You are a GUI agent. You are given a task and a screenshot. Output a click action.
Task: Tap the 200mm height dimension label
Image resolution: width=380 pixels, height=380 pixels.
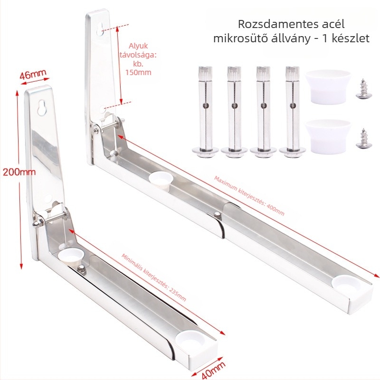click(x=19, y=172)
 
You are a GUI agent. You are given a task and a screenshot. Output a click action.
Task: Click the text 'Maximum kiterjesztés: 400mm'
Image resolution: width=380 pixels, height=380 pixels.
click(x=249, y=196)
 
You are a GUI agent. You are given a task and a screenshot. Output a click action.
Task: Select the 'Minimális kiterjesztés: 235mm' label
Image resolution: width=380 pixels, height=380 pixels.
click(x=153, y=277)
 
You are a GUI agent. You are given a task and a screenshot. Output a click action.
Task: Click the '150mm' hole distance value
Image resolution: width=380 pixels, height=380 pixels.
click(x=138, y=73)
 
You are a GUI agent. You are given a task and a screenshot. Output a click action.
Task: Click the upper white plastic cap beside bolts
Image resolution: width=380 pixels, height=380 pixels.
click(x=328, y=87)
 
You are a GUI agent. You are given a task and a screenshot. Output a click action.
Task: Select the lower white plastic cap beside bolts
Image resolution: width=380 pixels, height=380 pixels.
click(x=328, y=136)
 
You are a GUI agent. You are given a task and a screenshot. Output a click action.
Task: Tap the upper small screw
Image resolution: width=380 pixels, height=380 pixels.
click(x=362, y=89)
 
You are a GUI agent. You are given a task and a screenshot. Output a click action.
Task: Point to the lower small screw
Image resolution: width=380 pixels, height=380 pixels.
click(x=362, y=138)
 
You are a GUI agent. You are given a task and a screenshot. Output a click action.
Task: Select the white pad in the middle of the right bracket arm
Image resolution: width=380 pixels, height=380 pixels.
click(x=160, y=180)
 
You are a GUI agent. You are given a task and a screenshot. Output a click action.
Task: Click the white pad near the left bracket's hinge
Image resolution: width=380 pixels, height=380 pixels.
click(x=71, y=256)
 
